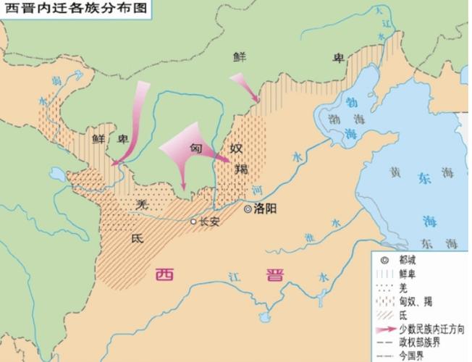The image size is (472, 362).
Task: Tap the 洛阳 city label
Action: [x=266, y=209]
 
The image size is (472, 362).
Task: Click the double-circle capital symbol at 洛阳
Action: [x=248, y=209]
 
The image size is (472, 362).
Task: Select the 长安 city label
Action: [x=208, y=222]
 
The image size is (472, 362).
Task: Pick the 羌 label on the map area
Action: [x=143, y=206]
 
